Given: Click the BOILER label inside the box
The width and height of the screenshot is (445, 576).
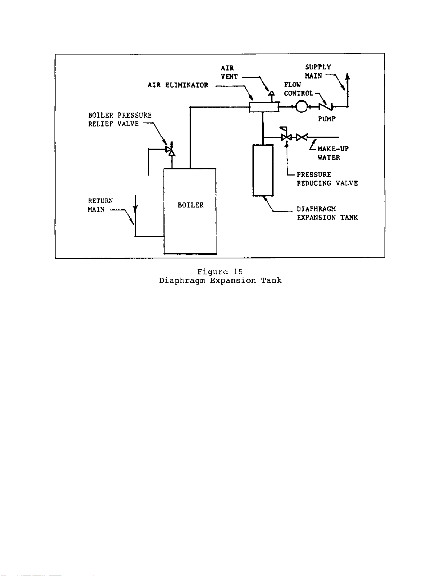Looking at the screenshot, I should tap(190, 205).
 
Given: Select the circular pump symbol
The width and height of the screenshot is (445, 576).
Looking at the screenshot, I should tap(302, 106).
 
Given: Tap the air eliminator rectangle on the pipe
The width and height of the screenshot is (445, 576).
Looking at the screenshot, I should tap(264, 107).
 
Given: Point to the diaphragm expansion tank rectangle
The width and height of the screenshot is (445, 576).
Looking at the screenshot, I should tap(263, 170).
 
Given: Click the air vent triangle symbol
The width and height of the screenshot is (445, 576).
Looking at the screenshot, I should tap(271, 93).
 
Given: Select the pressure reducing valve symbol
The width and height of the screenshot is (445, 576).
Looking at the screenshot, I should tap(287, 137).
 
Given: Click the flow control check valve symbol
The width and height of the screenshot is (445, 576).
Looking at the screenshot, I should tap(325, 106).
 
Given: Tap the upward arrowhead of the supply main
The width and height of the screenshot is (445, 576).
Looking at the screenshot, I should tap(348, 76).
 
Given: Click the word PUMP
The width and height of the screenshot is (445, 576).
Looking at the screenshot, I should tap(327, 119).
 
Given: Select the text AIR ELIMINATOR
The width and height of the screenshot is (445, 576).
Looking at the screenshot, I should tap(178, 85).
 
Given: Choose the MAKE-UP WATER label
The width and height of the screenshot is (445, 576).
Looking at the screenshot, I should tap(333, 153).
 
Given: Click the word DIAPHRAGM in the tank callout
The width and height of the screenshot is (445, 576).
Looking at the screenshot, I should tap(316, 209).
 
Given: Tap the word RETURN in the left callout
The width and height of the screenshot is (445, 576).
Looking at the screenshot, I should tap(100, 201).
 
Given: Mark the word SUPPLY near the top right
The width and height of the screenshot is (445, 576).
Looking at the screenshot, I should tap(318, 67).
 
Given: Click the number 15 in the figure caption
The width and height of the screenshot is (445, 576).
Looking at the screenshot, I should tap(238, 271).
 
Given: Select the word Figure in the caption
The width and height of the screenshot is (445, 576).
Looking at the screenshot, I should tap(213, 272).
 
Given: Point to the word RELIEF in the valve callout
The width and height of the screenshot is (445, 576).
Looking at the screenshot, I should tap(101, 124).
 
